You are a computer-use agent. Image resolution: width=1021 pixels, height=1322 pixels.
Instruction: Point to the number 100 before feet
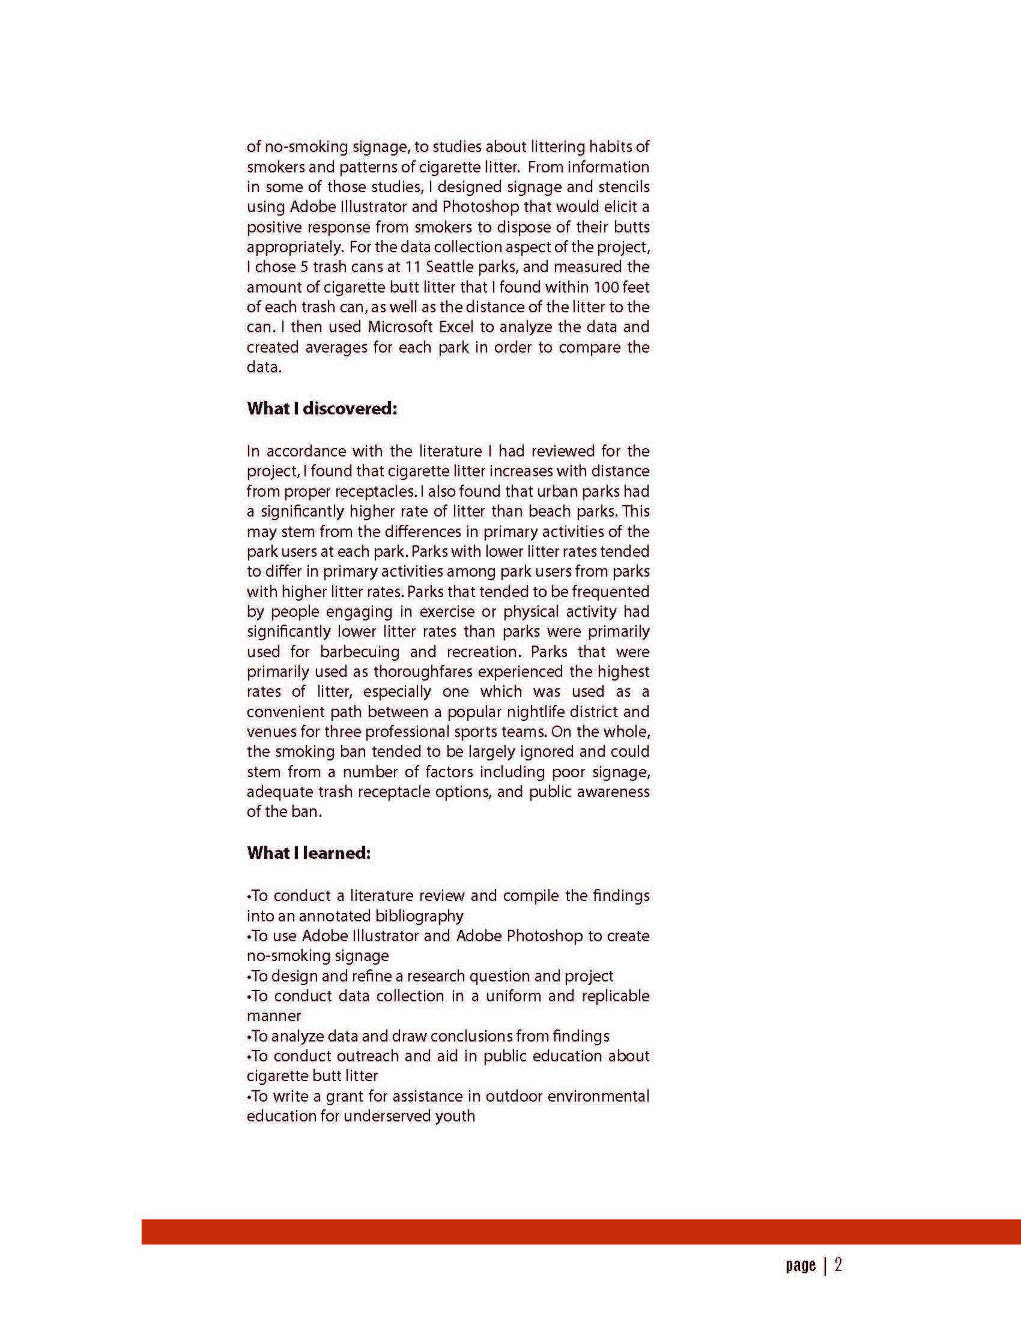pos(606,287)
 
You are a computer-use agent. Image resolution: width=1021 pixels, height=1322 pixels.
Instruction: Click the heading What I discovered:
pos(322,408)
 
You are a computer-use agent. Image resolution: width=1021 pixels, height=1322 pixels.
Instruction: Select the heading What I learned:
pos(309,853)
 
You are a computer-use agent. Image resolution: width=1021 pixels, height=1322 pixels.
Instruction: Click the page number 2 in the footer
pos(838,1265)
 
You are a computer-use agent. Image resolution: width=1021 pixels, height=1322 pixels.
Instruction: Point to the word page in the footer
pos(801,1266)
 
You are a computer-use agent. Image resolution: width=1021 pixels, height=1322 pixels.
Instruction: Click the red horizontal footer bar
pos(581,1231)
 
